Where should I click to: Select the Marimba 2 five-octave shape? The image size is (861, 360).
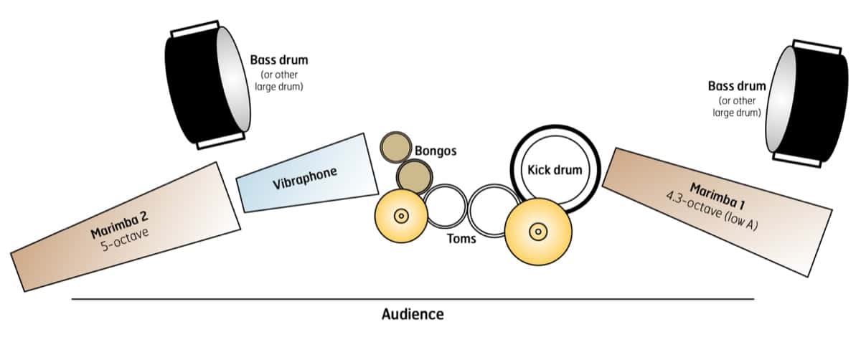tap(126, 228)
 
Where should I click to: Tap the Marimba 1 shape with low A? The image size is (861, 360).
tap(717, 208)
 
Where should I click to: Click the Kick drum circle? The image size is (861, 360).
tap(554, 170)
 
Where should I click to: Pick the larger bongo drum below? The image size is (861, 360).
tap(413, 176)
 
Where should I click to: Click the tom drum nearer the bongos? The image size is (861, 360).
tap(445, 207)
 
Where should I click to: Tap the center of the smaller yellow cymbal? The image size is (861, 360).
tap(400, 214)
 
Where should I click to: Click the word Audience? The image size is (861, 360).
tap(413, 314)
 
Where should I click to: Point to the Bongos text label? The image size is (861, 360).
tap(436, 151)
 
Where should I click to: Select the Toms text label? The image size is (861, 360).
tap(461, 238)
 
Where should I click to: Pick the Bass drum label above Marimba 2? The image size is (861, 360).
tap(278, 60)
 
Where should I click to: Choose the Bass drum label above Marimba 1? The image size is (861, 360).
tap(736, 86)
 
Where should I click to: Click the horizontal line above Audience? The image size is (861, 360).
tap(413, 298)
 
